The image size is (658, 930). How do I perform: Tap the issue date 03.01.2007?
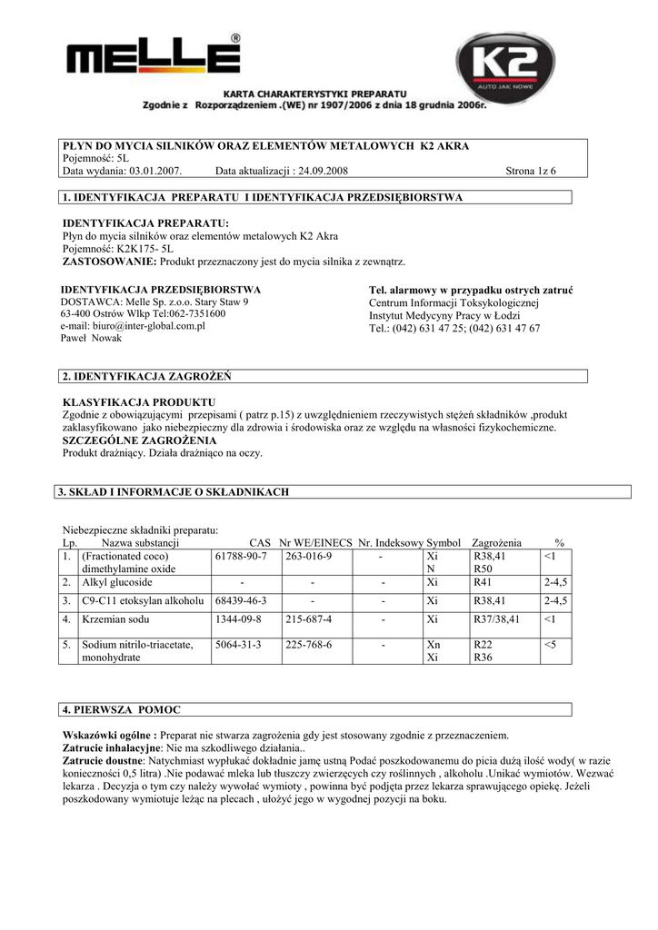155,171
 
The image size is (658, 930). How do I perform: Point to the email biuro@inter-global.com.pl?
133,325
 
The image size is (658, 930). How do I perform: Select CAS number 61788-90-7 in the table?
241,555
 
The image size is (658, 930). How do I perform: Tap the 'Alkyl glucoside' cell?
117,581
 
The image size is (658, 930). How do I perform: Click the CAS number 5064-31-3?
238,645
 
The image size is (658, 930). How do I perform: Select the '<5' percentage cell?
551,645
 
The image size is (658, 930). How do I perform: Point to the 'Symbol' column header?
444,540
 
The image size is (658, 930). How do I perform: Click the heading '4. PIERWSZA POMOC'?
115,708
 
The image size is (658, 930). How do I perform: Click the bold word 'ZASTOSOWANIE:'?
110,262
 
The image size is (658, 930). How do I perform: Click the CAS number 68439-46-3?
241,600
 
